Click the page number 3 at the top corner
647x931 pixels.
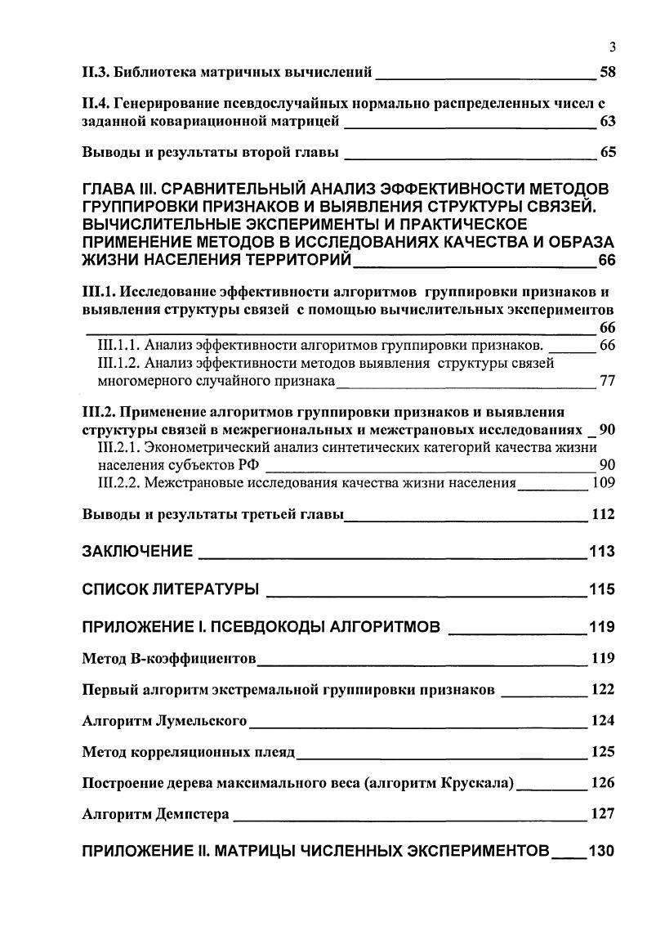click(x=611, y=47)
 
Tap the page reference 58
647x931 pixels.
click(x=607, y=73)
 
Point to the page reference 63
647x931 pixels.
click(x=607, y=123)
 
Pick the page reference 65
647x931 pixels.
click(x=607, y=152)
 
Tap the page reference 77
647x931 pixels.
click(x=607, y=381)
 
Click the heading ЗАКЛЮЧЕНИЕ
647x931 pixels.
click(x=138, y=551)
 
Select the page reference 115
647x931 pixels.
click(x=601, y=589)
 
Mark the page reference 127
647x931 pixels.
click(x=602, y=814)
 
